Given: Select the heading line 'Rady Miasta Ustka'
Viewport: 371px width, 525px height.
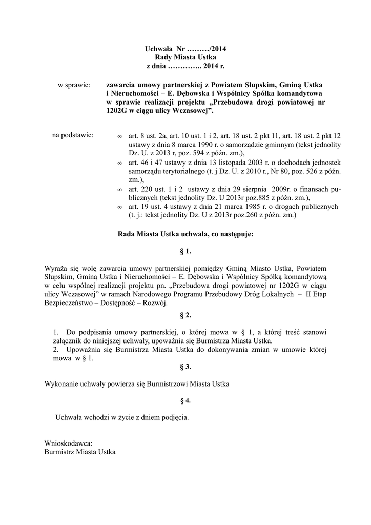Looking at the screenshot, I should [185, 58].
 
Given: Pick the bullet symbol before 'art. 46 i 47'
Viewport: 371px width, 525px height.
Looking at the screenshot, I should [119, 163].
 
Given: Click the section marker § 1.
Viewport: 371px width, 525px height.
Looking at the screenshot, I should [185, 251].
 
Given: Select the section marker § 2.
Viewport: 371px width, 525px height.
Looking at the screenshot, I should [185, 315].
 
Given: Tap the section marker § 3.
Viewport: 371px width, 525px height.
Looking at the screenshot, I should [185, 367].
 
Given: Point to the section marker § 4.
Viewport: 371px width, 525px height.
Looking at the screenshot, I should [185, 400].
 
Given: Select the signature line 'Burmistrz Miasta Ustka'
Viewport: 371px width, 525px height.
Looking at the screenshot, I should [80, 452].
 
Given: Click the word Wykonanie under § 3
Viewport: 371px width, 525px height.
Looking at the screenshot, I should [61, 383].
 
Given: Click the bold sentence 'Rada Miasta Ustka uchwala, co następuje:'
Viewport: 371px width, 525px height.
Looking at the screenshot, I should [185, 234].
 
